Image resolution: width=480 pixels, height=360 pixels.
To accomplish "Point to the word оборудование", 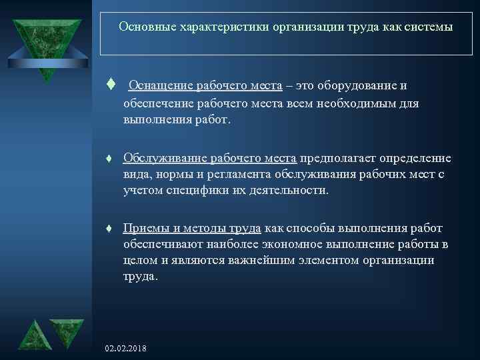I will tap(364, 85).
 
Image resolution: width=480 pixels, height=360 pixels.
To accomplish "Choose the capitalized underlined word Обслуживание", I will tap(165, 158).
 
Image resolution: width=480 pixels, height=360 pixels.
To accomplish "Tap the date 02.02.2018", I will tap(126, 349).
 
